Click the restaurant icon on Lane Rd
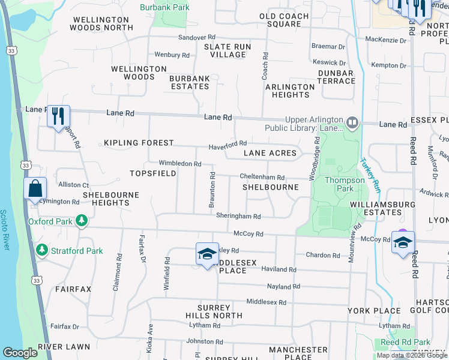pyautogui.click(x=59, y=116)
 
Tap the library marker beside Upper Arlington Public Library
pyautogui.click(x=352, y=124)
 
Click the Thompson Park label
pyautogui.click(x=345, y=184)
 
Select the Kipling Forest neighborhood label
pyautogui.click(x=139, y=143)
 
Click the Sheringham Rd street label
pyautogui.click(x=238, y=217)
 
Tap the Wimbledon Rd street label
pyautogui.click(x=179, y=163)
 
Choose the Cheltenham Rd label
pyautogui.click(x=262, y=178)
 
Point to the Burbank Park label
pyautogui.click(x=164, y=8)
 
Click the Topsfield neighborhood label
pyautogui.click(x=153, y=173)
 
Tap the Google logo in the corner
pyautogui.click(x=20, y=353)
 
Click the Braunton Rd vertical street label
pyautogui.click(x=212, y=190)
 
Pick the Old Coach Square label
pyautogui.click(x=280, y=20)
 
